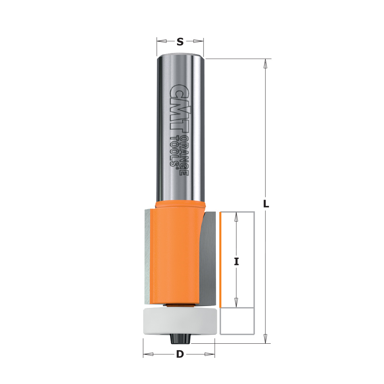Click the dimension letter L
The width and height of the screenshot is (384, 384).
tap(266, 204)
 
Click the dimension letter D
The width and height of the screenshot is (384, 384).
tap(179, 354)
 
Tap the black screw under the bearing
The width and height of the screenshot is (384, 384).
tap(179, 339)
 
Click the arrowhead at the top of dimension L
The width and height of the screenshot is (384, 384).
tap(265, 63)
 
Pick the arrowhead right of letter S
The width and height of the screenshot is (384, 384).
tap(198, 41)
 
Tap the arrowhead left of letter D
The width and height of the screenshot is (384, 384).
tap(148, 354)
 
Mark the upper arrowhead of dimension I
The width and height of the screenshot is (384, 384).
tap(237, 217)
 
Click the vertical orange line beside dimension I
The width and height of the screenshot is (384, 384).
tap(221, 260)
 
